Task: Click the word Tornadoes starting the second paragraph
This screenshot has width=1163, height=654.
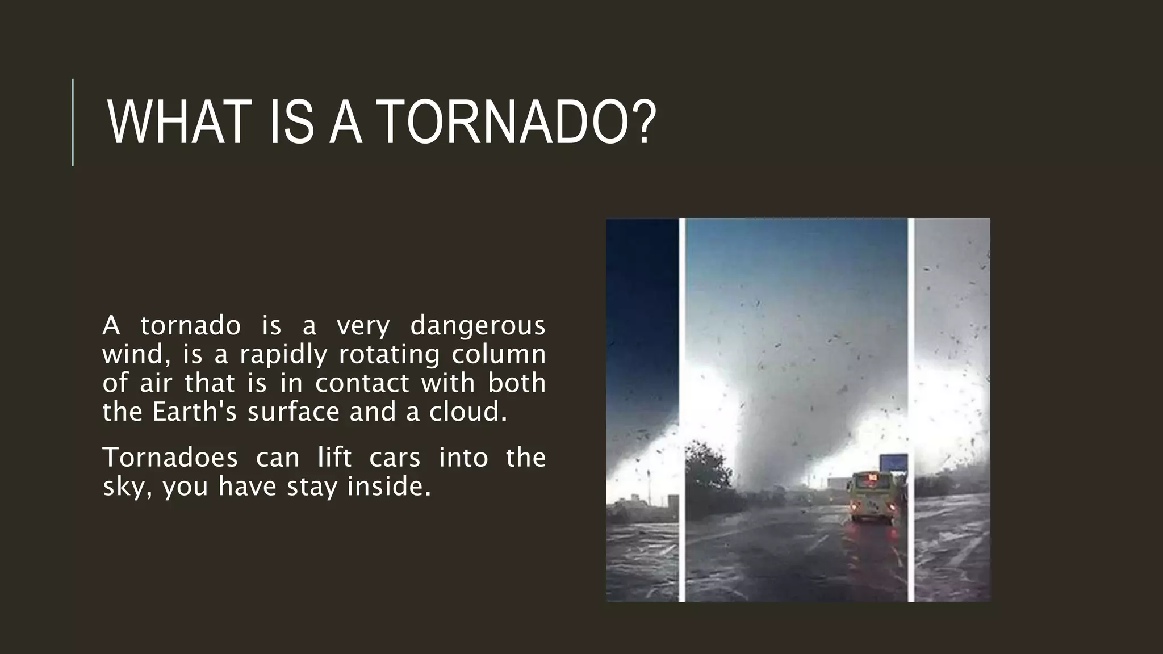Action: [x=170, y=458]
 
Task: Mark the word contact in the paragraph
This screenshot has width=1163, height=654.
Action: [x=362, y=383]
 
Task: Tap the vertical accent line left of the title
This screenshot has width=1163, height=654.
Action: [x=73, y=123]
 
